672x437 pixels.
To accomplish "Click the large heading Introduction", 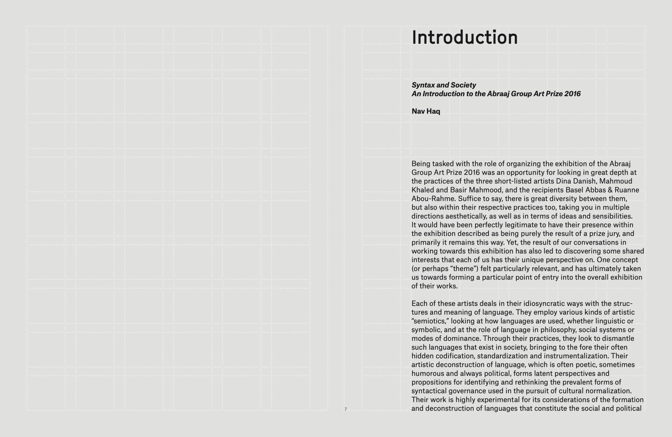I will coord(464,37).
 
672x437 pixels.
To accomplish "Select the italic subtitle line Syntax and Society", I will coord(444,85).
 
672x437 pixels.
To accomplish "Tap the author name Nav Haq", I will coord(426,111).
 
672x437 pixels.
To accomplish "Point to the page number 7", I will coord(345,409).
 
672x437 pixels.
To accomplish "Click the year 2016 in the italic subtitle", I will coord(572,94).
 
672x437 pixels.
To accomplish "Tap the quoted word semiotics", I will coord(430,321).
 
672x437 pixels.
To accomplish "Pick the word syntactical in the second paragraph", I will coord(429,391).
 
